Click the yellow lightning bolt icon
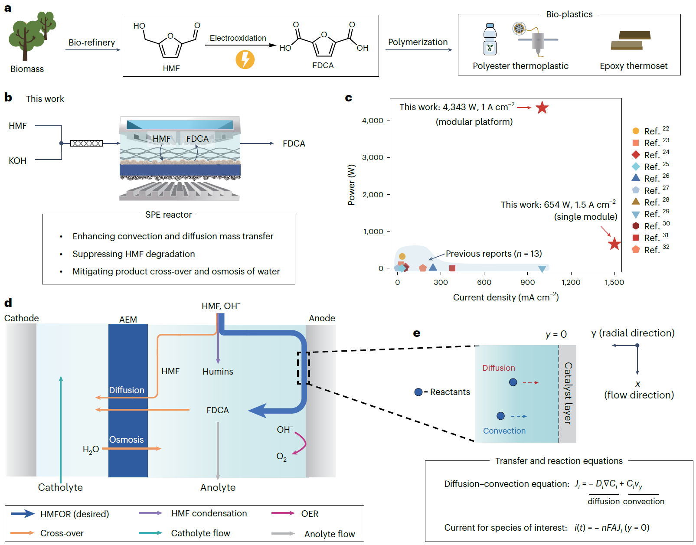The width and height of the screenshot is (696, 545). coord(245,59)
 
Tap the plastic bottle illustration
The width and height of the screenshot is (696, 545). coord(490,39)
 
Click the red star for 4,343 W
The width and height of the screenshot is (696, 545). coord(542,108)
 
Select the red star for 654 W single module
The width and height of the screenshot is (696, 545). coord(614,244)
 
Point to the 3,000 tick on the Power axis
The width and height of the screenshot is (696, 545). coord(373,157)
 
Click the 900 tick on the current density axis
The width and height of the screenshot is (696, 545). coord(527,282)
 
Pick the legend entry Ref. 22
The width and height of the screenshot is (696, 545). coord(650,131)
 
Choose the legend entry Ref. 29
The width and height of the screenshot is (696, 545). coord(650,214)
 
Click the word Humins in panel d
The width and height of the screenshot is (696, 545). coord(218,372)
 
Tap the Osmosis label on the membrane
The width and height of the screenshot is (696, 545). coord(126,440)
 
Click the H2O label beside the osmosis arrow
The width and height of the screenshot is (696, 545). coord(91,450)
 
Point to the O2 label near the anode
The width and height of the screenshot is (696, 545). coord(281,457)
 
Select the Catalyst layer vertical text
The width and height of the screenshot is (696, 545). coord(568,393)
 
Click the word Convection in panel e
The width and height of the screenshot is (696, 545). coord(504,431)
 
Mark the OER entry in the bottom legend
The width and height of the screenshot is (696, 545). coord(310,514)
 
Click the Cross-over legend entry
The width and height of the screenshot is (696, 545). coord(62,533)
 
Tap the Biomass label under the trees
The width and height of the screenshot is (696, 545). coord(27,69)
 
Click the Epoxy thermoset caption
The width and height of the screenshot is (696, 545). coord(634,66)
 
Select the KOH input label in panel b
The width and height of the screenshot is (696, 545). coord(18,161)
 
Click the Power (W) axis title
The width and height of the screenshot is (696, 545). coord(352,185)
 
